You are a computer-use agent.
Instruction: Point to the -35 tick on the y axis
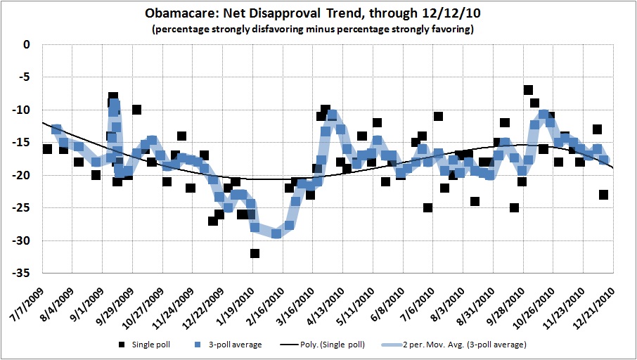click(26, 274)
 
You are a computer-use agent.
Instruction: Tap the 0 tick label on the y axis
click(28, 44)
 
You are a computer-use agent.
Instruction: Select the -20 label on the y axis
click(26, 175)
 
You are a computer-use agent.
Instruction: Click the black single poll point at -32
click(255, 253)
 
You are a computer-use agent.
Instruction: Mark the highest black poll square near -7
click(528, 90)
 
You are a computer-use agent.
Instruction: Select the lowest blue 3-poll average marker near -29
click(276, 233)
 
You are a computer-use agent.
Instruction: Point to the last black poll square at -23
click(603, 195)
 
